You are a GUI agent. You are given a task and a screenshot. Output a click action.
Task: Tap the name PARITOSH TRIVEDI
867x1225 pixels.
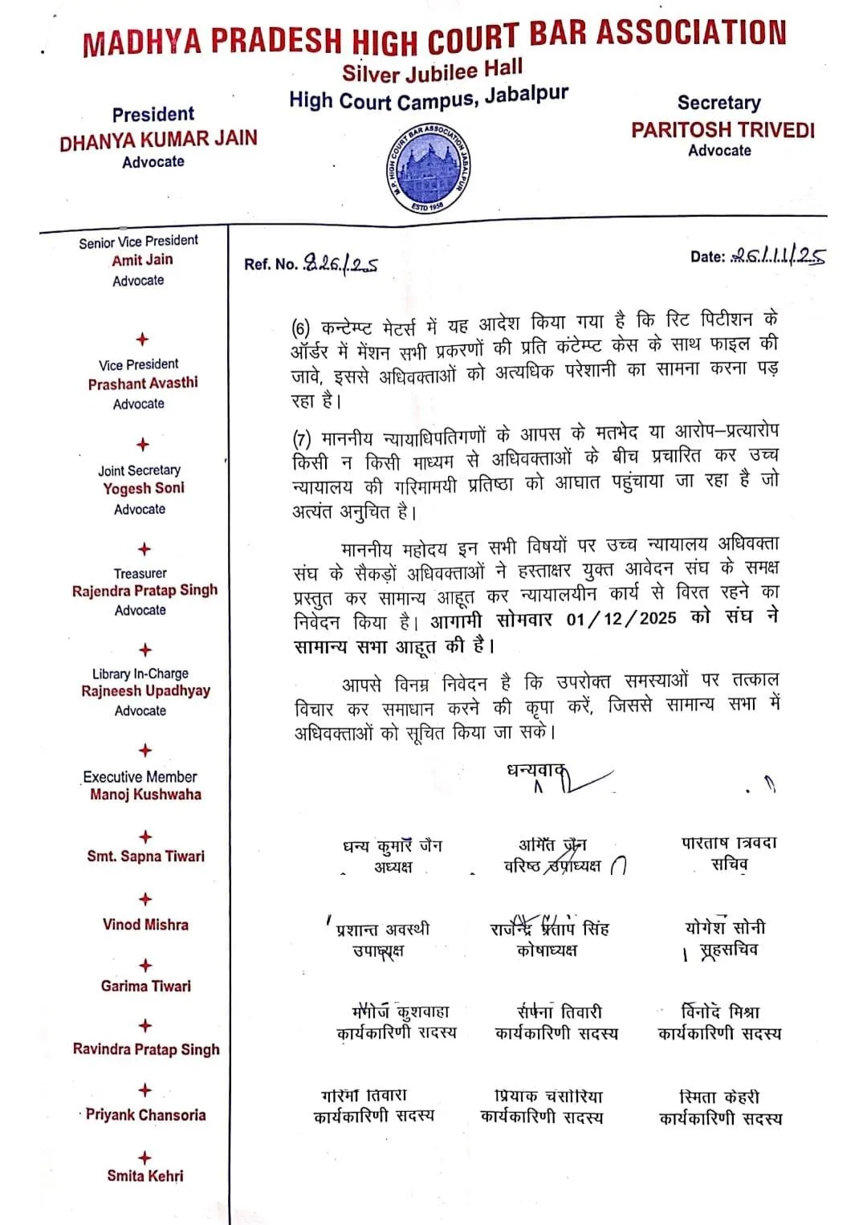(722, 130)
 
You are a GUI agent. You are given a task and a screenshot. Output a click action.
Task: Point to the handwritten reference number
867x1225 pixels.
(340, 263)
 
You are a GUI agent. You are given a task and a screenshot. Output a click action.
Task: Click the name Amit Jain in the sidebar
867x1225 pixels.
(142, 259)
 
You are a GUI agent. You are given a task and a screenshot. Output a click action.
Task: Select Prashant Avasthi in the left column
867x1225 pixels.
(143, 383)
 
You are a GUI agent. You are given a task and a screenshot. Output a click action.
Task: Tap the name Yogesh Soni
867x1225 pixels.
(144, 488)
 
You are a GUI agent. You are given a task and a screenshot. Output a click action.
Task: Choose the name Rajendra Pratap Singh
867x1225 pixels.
(144, 590)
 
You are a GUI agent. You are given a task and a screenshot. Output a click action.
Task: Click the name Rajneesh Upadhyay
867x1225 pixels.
(145, 690)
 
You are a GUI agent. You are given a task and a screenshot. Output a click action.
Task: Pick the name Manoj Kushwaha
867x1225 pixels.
(145, 794)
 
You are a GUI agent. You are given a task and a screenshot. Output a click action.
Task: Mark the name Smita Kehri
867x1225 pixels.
(145, 1175)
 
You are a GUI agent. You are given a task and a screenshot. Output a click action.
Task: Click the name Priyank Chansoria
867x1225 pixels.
(145, 1114)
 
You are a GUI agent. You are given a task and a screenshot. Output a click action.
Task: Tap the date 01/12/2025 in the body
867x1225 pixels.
(621, 618)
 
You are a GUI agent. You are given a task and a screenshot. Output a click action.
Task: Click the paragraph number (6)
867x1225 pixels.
(301, 328)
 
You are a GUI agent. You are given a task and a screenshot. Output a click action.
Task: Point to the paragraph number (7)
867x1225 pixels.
(302, 439)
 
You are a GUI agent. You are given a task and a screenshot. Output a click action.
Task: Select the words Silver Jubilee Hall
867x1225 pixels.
(432, 71)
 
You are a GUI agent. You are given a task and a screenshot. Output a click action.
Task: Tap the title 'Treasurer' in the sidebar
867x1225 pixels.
(140, 573)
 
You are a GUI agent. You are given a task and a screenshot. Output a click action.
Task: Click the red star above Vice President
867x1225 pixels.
(143, 340)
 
